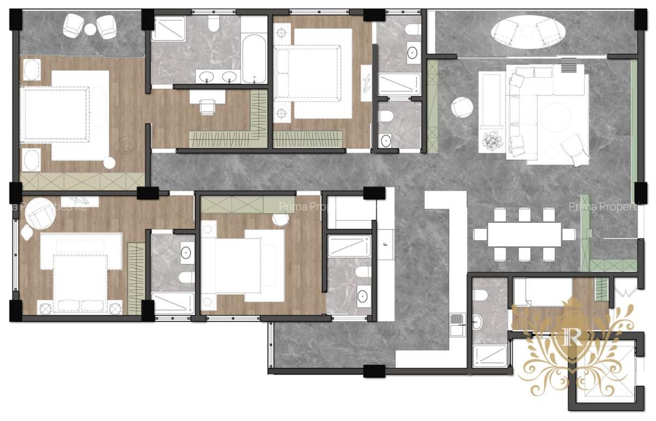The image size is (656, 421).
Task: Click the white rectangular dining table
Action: [x=524, y=234]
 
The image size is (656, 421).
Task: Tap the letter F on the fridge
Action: [x=385, y=244]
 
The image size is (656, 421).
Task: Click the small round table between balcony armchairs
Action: [x=90, y=30]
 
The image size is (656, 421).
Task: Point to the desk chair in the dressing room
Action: [x=207, y=106]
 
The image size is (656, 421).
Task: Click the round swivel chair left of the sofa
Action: [x=462, y=107]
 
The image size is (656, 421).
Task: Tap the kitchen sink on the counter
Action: [x=457, y=321]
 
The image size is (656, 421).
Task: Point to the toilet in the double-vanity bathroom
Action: [x=213, y=22]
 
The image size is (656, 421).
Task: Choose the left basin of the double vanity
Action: [x=206, y=76]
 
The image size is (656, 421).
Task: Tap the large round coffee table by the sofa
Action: [x=557, y=116]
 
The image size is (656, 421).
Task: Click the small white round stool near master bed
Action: [x=109, y=163]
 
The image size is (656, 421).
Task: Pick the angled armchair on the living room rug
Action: [x=573, y=149]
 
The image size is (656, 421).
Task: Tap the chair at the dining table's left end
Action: [x=480, y=234]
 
